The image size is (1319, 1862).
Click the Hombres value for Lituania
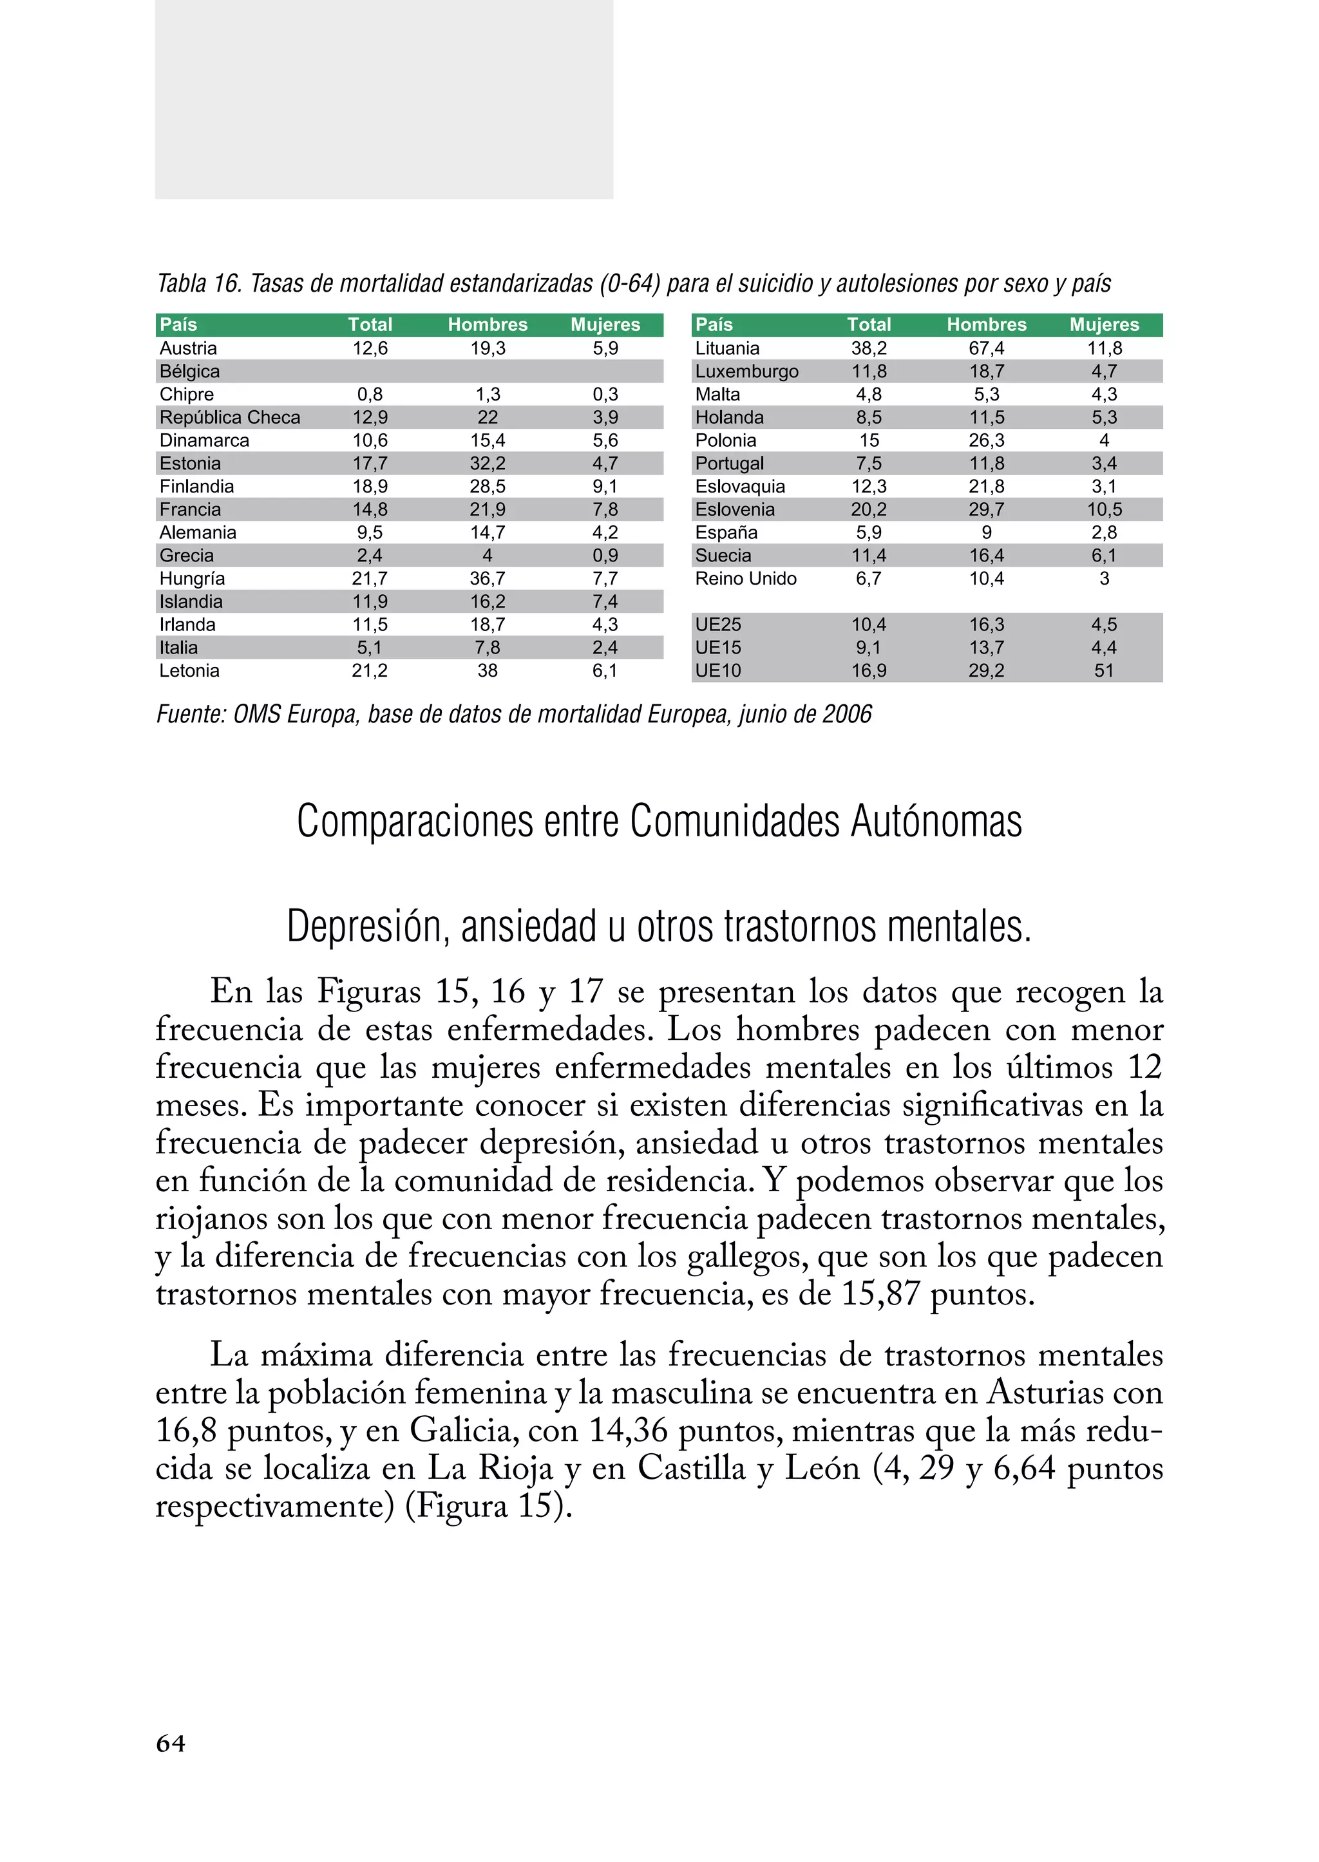click(x=986, y=348)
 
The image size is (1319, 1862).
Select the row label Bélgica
click(x=189, y=371)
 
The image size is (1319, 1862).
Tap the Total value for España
click(x=868, y=532)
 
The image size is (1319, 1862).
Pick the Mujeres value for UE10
click(x=1104, y=671)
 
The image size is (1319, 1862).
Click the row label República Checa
click(x=230, y=417)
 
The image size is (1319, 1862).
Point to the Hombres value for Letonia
click(x=488, y=671)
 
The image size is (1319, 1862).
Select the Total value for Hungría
click(x=370, y=579)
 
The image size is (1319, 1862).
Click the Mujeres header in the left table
click(x=605, y=324)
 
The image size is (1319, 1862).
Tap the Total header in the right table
click(x=868, y=324)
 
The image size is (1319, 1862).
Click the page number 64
click(x=171, y=1744)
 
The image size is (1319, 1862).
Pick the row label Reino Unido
click(x=746, y=579)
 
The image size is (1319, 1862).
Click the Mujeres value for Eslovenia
click(x=1104, y=510)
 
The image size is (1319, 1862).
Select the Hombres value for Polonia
click(x=986, y=441)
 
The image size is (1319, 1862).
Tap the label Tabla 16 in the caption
click(x=199, y=283)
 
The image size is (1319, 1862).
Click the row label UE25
click(x=718, y=625)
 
